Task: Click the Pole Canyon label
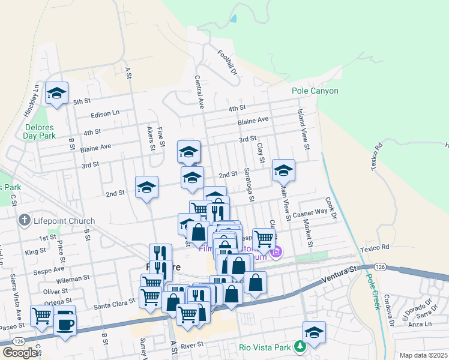(x=315, y=91)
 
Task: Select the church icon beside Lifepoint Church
(x=24, y=221)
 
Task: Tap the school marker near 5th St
(x=57, y=93)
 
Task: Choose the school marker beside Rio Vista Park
(x=314, y=331)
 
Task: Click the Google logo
(x=20, y=353)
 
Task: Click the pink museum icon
(x=276, y=251)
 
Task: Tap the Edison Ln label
(x=105, y=113)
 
